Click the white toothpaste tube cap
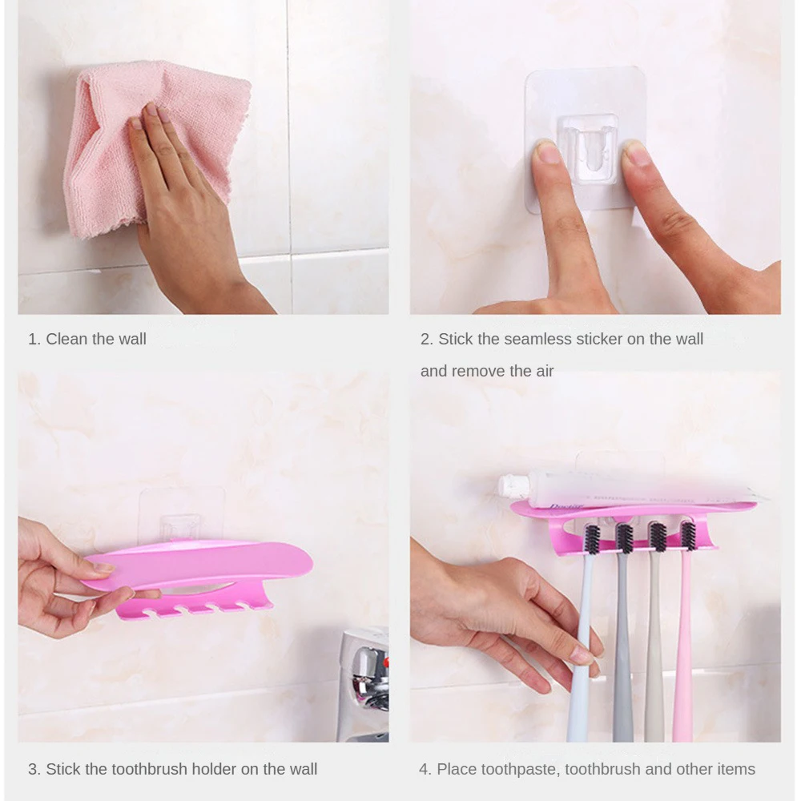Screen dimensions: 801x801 coord(506,485)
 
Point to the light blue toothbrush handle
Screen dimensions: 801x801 coord(580,657)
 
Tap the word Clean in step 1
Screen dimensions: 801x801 coord(66,339)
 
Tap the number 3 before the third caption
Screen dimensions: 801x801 coord(33,769)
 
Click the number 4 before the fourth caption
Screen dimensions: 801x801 coord(424,769)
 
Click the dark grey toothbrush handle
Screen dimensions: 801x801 coord(622,649)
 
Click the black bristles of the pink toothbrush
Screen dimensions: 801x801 coord(687,535)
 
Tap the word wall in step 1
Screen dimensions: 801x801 coord(131,339)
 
